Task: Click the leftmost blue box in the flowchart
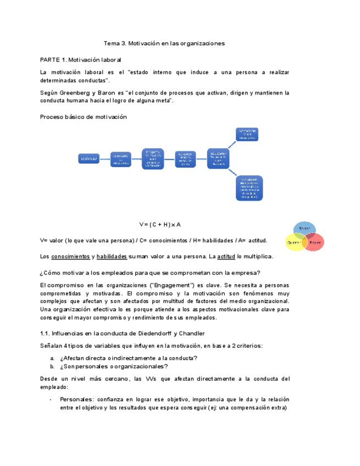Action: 88,159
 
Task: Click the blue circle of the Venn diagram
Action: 303,229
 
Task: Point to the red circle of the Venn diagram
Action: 314,242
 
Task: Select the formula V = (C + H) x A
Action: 160,225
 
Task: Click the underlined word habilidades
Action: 113,256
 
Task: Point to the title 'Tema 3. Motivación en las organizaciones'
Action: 164,43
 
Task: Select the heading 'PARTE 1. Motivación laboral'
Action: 80,59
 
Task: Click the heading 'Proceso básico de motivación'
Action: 84,117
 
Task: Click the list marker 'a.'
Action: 52,358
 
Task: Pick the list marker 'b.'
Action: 52,367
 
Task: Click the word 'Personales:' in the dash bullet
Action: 76,400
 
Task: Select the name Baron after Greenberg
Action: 108,93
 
